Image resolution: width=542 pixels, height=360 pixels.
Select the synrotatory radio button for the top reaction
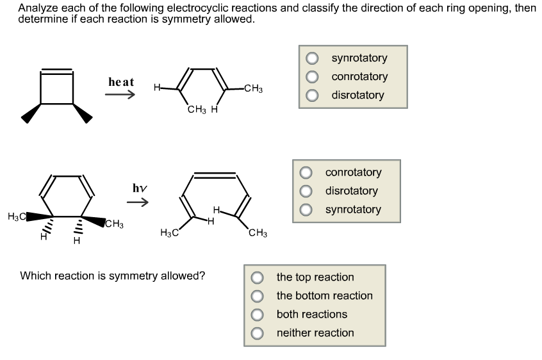pos(312,58)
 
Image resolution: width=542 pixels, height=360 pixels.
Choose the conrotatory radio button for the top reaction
pos(312,77)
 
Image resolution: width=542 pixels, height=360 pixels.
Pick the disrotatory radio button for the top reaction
pos(312,95)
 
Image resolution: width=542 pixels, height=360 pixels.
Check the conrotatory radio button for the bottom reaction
pos(306,173)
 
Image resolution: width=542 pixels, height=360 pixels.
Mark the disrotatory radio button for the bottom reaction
pos(306,192)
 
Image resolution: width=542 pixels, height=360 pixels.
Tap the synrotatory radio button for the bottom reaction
pos(306,210)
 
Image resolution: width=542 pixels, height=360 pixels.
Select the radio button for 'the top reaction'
pos(258,277)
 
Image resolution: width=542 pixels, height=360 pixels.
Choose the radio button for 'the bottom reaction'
pos(258,296)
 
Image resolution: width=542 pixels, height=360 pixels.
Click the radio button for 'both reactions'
pos(258,315)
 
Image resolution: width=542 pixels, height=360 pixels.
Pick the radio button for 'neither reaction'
pos(258,333)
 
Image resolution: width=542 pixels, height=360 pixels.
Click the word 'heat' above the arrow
pos(121,82)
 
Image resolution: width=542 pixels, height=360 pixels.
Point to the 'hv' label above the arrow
pos(140,188)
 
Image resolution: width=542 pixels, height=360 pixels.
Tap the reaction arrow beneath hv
pos(138,203)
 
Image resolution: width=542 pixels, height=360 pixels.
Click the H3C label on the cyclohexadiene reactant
pos(16,217)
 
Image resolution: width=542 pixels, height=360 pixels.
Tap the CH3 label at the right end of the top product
pos(253,89)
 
